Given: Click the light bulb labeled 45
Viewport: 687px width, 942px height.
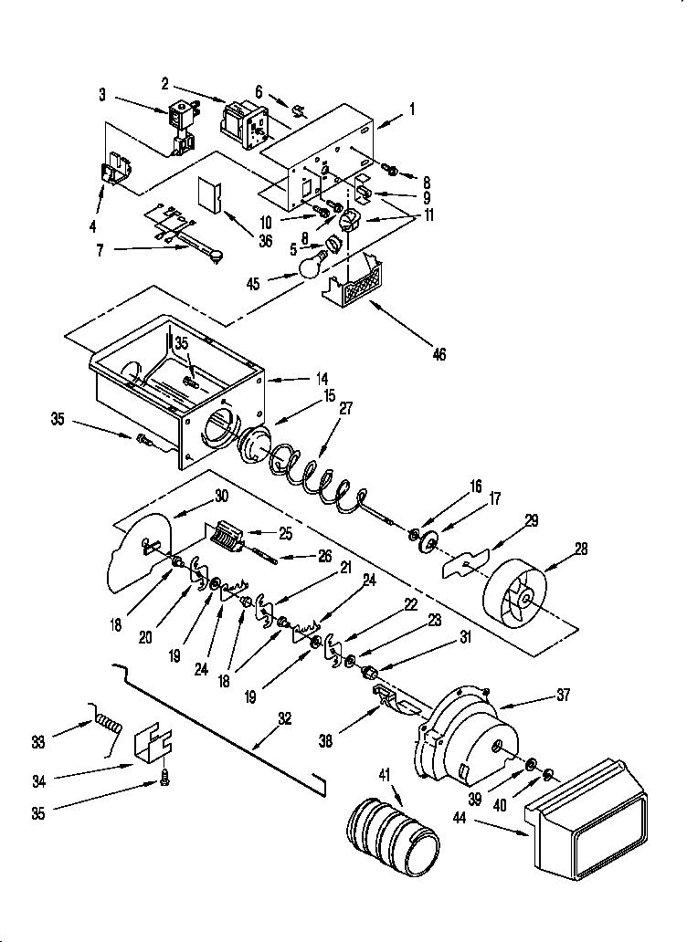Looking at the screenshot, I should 313,265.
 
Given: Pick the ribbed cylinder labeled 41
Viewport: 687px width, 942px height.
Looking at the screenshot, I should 392,832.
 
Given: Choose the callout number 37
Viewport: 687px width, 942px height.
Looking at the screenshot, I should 562,696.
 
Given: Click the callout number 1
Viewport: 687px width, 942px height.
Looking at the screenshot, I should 413,109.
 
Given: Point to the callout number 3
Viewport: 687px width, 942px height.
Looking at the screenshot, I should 102,95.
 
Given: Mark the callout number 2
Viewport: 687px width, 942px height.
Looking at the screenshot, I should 165,84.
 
